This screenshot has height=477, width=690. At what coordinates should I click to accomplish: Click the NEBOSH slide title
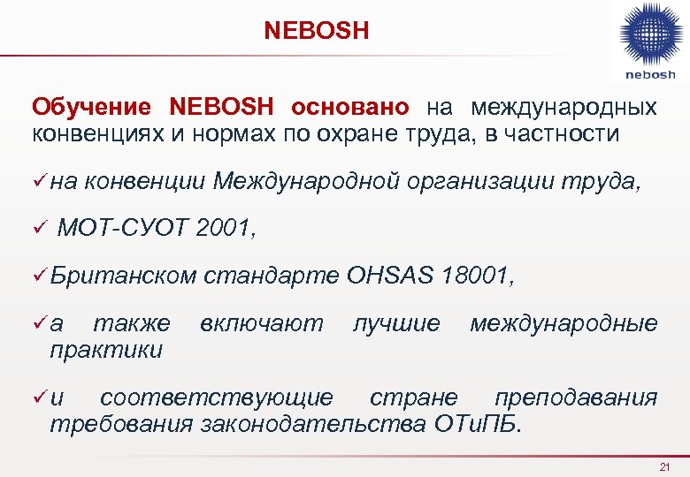tap(317, 32)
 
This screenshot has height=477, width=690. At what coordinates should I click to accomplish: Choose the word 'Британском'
tap(123, 276)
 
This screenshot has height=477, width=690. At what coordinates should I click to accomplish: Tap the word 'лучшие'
tap(396, 323)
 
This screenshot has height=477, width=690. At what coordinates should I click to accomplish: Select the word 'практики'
tap(106, 350)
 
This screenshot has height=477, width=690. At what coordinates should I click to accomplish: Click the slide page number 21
tap(666, 466)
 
